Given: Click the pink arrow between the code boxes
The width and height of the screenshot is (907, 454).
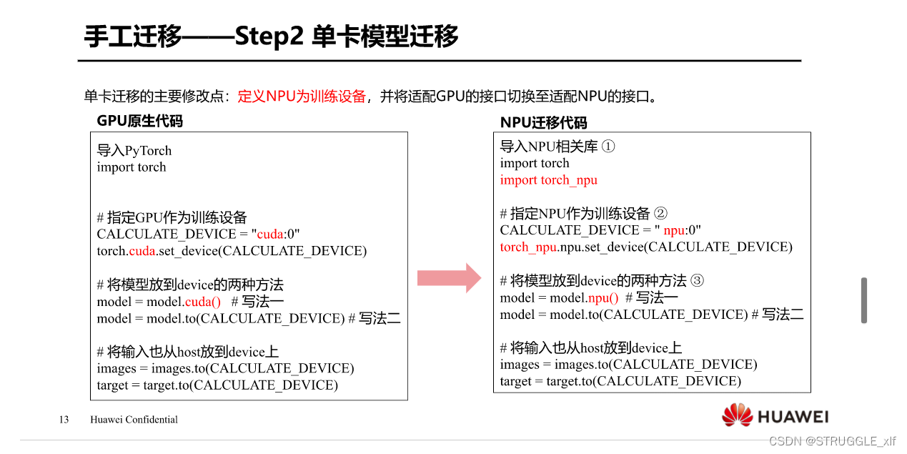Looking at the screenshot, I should click(450, 277).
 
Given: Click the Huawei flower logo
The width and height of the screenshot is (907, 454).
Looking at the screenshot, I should click(737, 415).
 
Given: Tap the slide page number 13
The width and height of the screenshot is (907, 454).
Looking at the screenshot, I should click(64, 420).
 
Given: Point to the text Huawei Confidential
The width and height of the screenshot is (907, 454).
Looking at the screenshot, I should click(134, 420).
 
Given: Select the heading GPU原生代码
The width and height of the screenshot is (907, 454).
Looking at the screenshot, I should click(140, 121).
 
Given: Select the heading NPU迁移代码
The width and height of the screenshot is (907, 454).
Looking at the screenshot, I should click(543, 123).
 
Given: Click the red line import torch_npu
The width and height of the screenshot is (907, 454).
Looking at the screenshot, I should click(548, 180).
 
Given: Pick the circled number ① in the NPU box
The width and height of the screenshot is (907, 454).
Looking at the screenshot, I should click(608, 147).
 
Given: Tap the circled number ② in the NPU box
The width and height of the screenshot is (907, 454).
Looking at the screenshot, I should click(660, 213).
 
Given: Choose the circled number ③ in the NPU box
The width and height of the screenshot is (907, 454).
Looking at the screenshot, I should click(697, 280).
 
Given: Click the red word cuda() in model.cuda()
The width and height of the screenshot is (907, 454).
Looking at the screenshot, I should click(203, 302).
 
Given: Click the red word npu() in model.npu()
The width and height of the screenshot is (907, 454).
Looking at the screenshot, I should click(603, 297).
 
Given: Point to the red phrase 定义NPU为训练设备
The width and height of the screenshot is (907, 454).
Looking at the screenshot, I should click(302, 97).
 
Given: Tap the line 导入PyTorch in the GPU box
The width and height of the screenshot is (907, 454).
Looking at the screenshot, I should click(134, 151).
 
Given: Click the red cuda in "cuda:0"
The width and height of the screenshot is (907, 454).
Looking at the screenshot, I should click(270, 235).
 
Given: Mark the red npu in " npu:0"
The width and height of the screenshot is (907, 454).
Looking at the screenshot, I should click(673, 230).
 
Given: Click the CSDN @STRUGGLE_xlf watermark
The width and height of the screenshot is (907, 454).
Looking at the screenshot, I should click(832, 441).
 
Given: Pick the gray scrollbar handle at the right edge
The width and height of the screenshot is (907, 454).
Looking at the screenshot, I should click(863, 300).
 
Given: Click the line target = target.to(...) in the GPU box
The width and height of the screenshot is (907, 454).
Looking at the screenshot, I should click(217, 385).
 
